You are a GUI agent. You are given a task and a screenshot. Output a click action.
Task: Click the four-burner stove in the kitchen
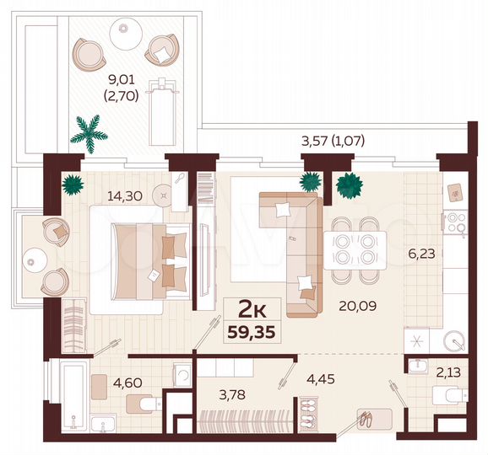(455, 223)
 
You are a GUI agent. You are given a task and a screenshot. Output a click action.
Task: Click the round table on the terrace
(124, 31)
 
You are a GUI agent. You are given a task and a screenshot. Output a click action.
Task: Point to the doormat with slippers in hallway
(371, 419)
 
